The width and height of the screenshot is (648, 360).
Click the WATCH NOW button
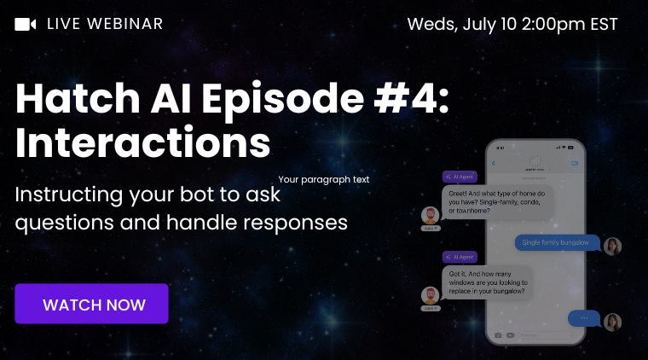point(92,304)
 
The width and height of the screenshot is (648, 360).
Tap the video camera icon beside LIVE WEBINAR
point(26,24)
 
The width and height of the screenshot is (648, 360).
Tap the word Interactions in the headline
point(143,143)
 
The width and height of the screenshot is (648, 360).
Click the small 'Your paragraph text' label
point(324,180)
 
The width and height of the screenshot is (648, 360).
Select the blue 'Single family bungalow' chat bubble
point(555,242)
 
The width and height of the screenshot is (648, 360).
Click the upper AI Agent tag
point(460,176)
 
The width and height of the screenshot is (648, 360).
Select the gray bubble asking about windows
point(488,282)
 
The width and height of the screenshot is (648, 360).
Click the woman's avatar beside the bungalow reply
point(611,246)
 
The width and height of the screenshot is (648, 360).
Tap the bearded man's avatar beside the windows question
point(431,295)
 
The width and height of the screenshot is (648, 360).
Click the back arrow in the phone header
point(493,163)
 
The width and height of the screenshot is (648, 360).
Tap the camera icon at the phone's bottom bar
point(497,335)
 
